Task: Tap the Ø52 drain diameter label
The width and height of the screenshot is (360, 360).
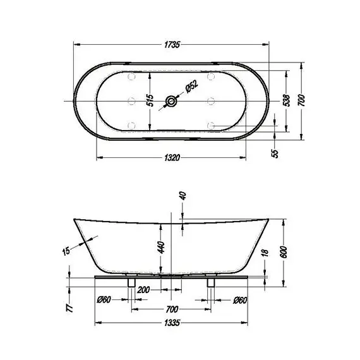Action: pos(191,90)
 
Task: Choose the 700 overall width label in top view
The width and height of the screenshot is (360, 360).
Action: pos(304,100)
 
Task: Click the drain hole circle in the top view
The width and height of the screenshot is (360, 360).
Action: pos(171,100)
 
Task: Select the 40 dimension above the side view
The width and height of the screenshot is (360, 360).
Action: pos(183,195)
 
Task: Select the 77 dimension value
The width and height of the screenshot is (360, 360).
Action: pos(69,308)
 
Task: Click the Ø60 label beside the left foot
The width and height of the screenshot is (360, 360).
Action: pos(104,299)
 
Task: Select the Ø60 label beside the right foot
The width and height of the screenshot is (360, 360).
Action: pos(239,299)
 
